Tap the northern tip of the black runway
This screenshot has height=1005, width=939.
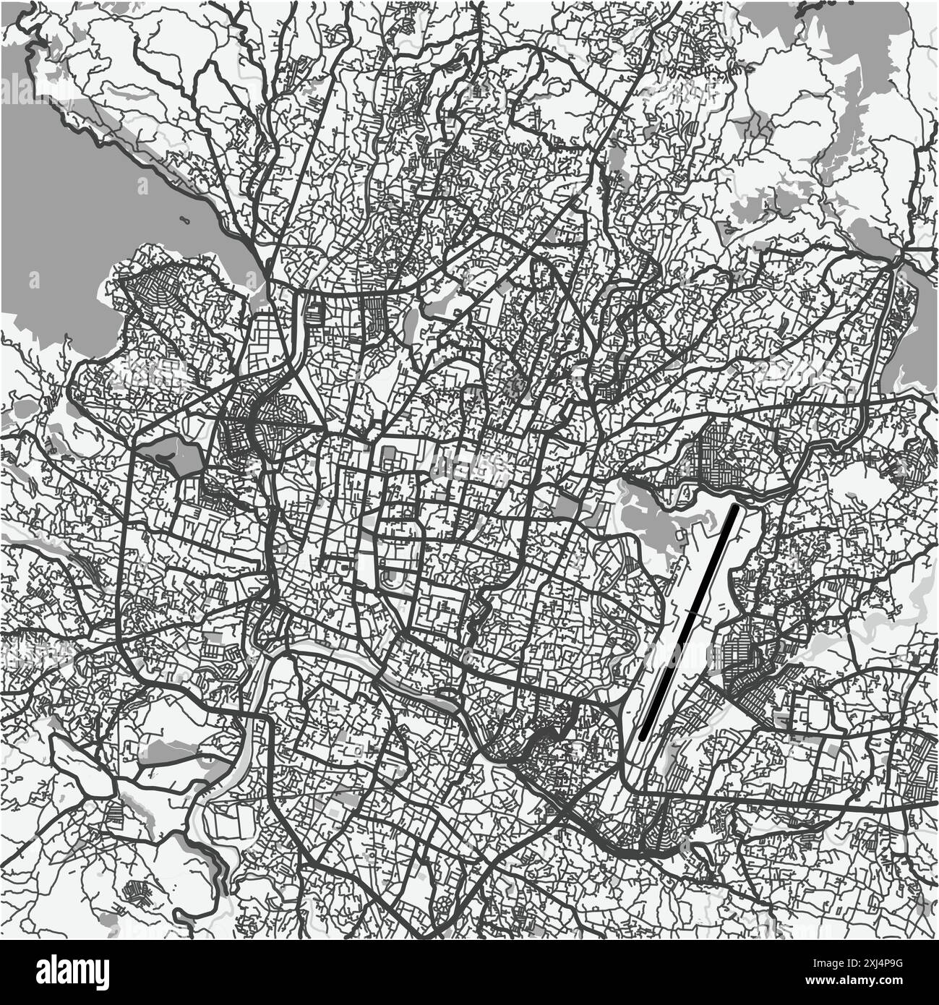(x=734, y=508)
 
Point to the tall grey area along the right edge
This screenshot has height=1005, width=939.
(x=918, y=325)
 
